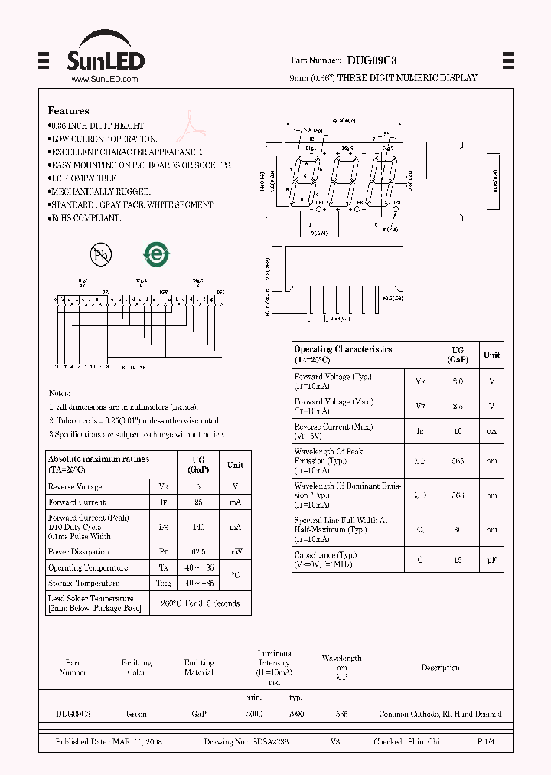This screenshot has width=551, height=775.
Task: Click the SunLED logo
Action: [106, 53]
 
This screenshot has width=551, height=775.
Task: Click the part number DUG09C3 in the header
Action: [371, 60]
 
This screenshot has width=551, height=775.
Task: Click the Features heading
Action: [68, 111]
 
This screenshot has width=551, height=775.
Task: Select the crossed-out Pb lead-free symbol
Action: [99, 255]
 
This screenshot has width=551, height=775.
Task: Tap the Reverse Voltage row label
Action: [75, 486]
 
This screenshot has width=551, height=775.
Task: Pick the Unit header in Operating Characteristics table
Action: [491, 355]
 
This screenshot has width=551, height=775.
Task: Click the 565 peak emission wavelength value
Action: [458, 462]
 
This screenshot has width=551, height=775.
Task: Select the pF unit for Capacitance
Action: [491, 560]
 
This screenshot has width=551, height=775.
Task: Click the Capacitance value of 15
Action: [458, 560]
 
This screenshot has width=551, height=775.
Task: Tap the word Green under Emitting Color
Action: [136, 714]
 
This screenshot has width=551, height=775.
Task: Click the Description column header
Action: [441, 668]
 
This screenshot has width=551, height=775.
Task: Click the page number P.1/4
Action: [486, 742]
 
